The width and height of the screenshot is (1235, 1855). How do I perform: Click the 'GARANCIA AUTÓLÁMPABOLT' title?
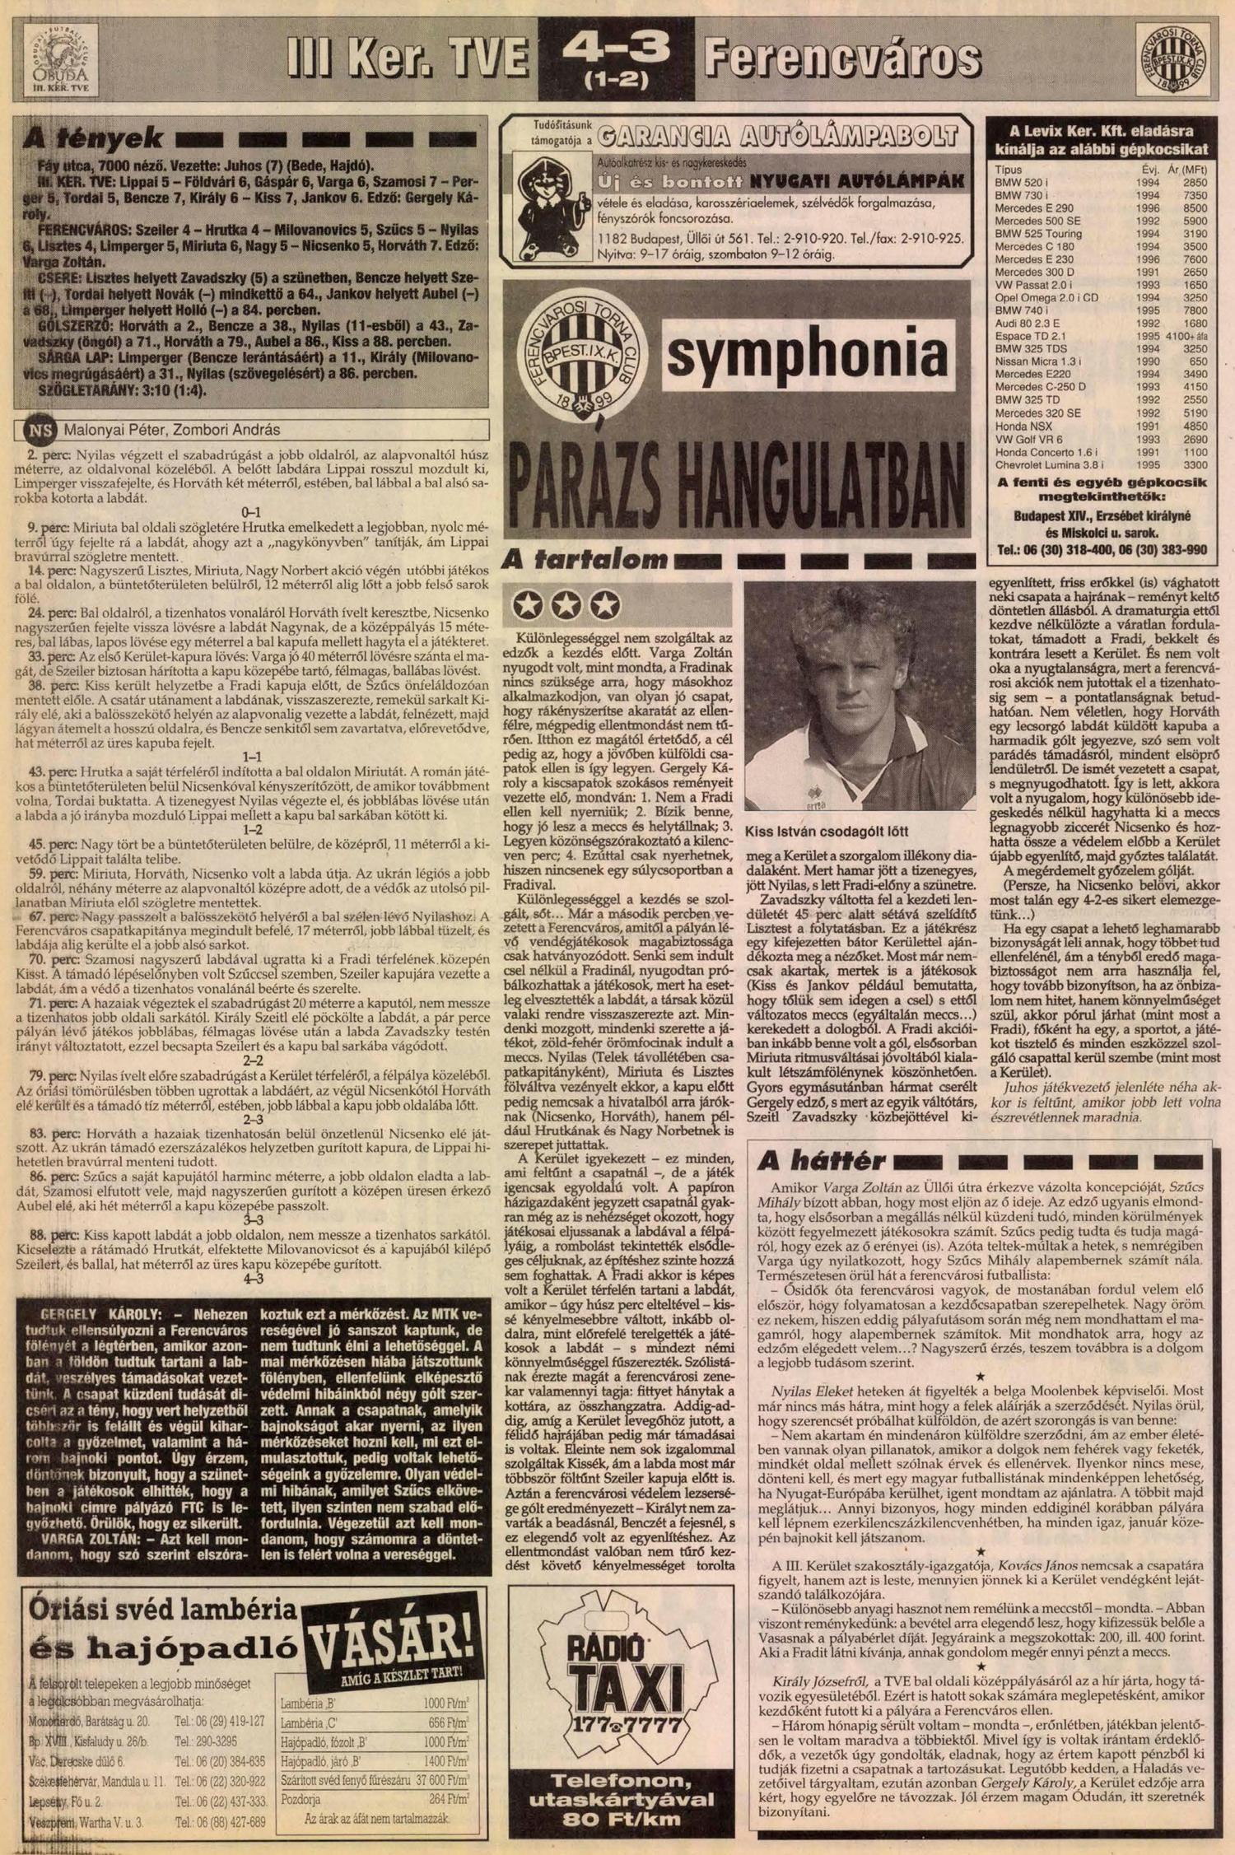(x=778, y=136)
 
